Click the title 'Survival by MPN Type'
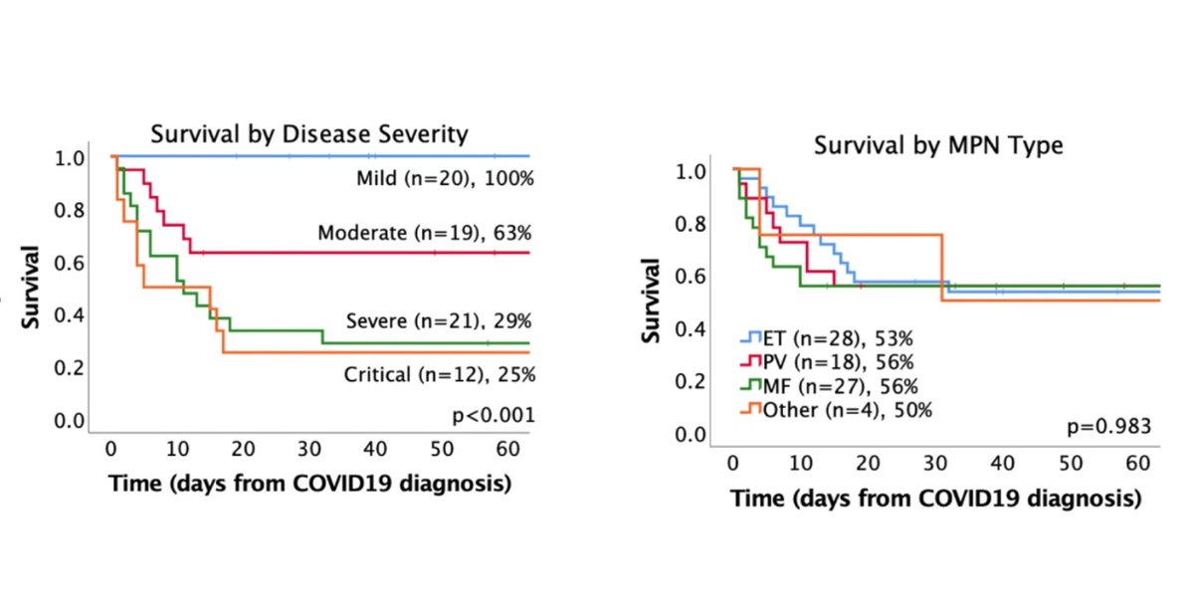pyautogui.click(x=938, y=145)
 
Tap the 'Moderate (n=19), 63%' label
pyautogui.click(x=424, y=234)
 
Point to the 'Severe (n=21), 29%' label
pyautogui.click(x=440, y=321)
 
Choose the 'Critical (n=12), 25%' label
pyautogui.click(x=439, y=374)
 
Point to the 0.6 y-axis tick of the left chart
pyautogui.click(x=70, y=264)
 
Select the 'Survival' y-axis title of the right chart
pyautogui.click(x=654, y=300)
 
